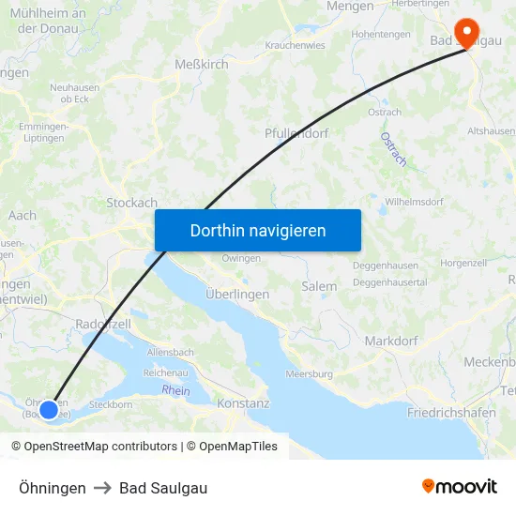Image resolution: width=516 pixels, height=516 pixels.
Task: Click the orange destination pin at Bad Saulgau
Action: click(466, 33)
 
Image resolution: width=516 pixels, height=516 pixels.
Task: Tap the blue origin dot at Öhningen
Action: click(49, 409)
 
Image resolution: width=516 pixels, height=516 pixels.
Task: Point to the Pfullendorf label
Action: click(296, 133)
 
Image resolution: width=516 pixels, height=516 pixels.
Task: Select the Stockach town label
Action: click(131, 203)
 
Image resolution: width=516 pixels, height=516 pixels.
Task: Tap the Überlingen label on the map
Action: click(237, 294)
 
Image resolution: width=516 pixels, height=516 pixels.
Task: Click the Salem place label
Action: click(319, 286)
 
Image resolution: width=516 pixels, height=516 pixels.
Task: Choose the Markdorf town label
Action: click(390, 341)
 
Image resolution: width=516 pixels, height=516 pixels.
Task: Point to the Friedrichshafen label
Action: click(451, 413)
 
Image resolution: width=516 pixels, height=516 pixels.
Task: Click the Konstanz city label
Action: click(243, 403)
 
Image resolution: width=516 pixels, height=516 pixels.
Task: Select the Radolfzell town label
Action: click(101, 323)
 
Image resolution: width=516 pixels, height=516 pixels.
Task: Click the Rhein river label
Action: click(175, 390)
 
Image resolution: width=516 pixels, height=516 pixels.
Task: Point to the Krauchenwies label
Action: click(296, 44)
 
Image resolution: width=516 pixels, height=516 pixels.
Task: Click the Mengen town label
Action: click(350, 7)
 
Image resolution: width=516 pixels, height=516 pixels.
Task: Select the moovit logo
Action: click(459, 486)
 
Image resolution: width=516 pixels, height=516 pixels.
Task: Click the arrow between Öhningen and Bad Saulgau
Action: click(102, 488)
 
